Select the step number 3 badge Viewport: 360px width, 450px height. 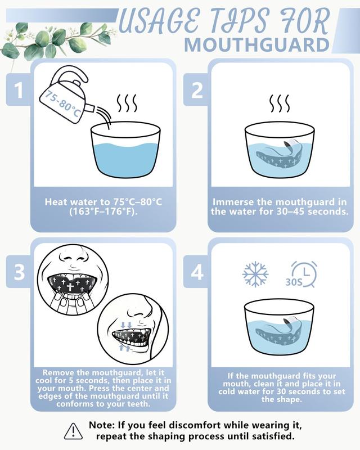point(19,272)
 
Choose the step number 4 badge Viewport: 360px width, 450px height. point(197,272)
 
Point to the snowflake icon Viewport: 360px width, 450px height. point(255,274)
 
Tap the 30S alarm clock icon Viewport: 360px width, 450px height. point(303,274)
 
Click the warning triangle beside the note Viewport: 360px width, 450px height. point(73,431)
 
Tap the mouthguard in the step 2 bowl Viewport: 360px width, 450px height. point(280,154)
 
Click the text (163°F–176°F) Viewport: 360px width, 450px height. point(103,212)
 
